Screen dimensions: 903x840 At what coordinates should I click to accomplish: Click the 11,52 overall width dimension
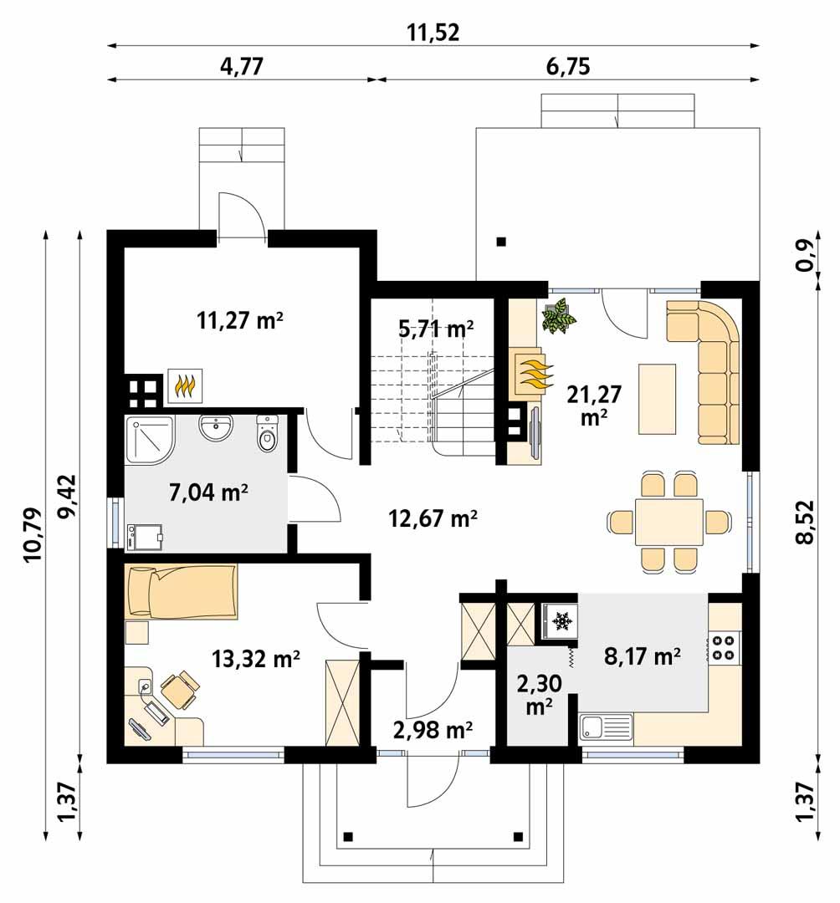(x=433, y=33)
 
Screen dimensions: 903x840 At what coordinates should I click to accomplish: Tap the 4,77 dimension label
(x=242, y=67)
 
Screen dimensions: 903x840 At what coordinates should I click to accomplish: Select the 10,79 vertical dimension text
(x=32, y=535)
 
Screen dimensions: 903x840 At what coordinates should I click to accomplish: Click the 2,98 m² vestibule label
(x=433, y=730)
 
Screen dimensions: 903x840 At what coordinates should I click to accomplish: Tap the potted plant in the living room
(x=559, y=317)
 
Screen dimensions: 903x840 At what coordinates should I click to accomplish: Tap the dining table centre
(x=668, y=522)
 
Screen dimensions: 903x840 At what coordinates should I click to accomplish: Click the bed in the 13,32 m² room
(x=181, y=591)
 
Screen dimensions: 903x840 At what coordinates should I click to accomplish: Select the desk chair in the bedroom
(x=180, y=690)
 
